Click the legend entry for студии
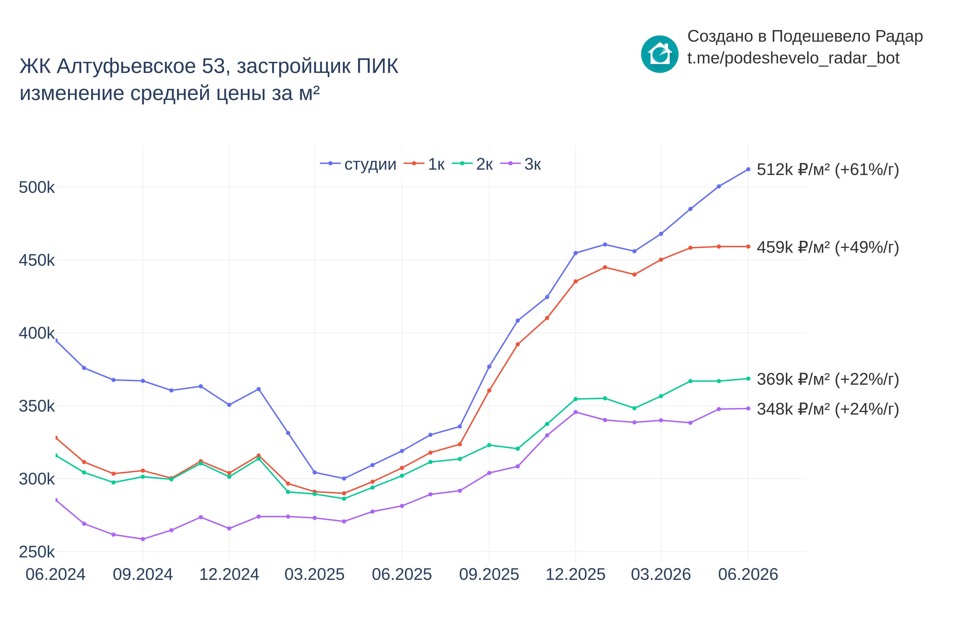pyautogui.click(x=358, y=164)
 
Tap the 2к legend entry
pyautogui.click(x=472, y=164)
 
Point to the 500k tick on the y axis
pyautogui.click(x=37, y=187)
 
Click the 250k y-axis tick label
pyautogui.click(x=37, y=552)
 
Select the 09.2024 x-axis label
pyautogui.click(x=143, y=575)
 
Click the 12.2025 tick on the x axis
pyautogui.click(x=575, y=575)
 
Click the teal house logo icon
pyautogui.click(x=660, y=54)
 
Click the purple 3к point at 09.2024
pyautogui.click(x=143, y=539)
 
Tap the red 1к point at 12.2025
pyautogui.click(x=575, y=281)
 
